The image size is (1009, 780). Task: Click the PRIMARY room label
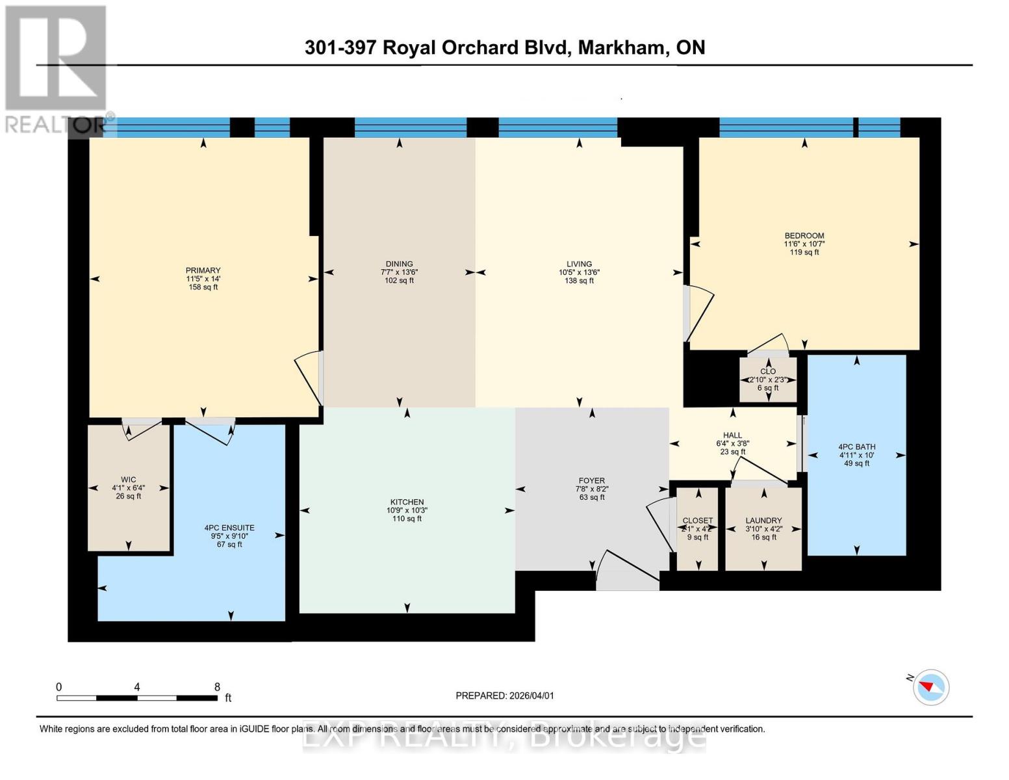pos(203,270)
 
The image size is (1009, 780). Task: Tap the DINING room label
pos(399,264)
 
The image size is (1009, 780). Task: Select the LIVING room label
pos(579,264)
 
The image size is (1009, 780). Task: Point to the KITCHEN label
pos(407,502)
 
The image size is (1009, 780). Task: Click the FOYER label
pos(591,481)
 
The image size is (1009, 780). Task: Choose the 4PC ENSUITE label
pos(229,528)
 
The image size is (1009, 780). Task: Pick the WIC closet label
pos(128,480)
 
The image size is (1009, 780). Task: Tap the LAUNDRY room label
pos(763,521)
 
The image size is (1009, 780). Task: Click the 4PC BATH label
pos(856,447)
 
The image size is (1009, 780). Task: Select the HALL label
pos(732,435)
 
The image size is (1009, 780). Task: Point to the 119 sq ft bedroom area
pos(804,252)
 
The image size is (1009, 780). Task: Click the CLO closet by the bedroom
pos(768,372)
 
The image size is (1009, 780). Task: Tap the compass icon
pos(931,687)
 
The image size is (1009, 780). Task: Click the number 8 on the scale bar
pos(217,687)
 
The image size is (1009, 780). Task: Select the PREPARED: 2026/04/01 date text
pos(505,695)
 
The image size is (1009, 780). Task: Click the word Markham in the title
pos(621,47)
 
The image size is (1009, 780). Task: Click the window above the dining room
pos(410,127)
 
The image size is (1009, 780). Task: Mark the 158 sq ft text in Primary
pos(203,287)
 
